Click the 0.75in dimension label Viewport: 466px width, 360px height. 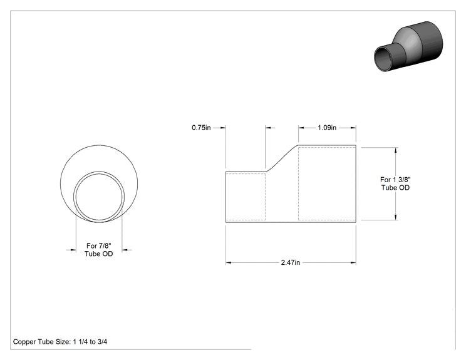tap(201, 128)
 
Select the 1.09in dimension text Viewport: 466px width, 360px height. tap(327, 128)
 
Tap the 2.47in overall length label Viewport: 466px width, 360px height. tap(291, 262)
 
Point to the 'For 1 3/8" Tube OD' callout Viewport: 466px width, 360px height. tap(395, 183)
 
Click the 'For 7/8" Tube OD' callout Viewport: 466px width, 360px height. tap(99, 250)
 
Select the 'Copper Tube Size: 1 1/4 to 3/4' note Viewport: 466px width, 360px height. tap(60, 342)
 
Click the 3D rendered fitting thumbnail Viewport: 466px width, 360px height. tap(408, 46)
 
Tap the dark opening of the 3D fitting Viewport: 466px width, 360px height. tap(385, 58)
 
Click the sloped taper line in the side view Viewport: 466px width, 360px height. tap(282, 158)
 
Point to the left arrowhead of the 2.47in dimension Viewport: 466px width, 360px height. tap(229, 262)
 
